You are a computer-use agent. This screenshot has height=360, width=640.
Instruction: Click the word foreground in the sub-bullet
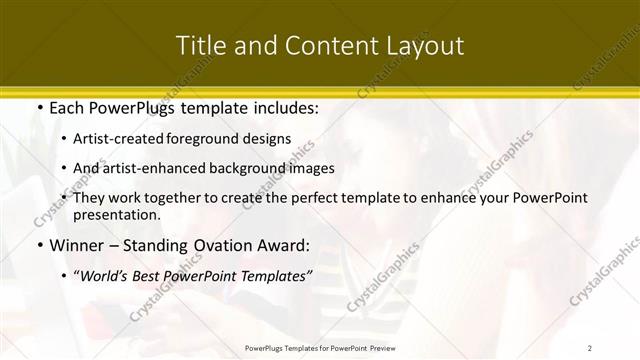point(211,139)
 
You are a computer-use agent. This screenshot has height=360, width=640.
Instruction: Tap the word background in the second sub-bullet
point(261,168)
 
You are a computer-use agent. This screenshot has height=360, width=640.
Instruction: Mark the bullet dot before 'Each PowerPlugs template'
point(38,107)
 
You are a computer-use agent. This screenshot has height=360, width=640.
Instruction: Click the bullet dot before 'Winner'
point(38,245)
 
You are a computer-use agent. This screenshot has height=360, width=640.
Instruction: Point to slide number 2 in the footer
point(590,348)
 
